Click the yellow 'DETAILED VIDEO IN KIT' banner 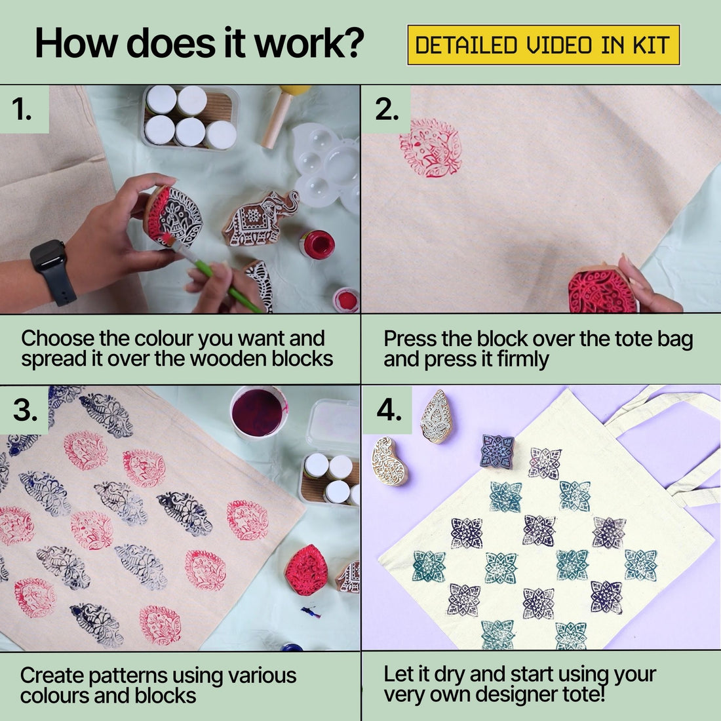(x=543, y=45)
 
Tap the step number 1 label (x=23, y=109)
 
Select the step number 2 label (x=387, y=109)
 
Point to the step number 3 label (x=25, y=410)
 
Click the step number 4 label (x=388, y=410)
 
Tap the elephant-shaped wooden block (x=258, y=218)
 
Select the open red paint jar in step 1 (x=317, y=243)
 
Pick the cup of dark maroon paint (x=258, y=410)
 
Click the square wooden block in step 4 (x=497, y=451)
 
